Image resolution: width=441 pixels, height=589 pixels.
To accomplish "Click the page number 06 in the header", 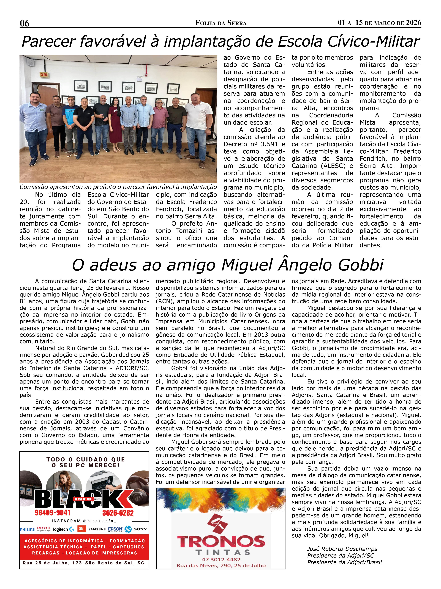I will point(24,23).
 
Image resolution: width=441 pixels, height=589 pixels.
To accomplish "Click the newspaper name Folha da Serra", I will point(221,23).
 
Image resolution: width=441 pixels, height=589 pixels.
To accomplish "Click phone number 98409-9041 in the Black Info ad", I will point(53,513).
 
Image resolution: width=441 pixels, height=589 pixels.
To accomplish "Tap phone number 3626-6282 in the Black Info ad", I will point(118,513).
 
